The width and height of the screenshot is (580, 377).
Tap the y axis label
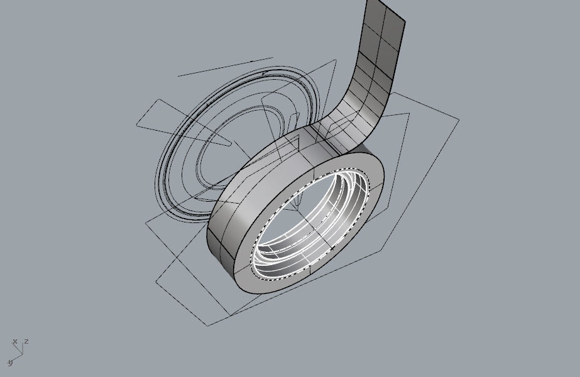click(10, 363)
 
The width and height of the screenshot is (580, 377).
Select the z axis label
click(26, 341)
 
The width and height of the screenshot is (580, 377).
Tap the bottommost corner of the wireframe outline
click(208, 325)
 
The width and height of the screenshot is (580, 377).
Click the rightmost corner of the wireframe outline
click(459, 118)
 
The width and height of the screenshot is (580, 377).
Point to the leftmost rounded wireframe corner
click(137, 126)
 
